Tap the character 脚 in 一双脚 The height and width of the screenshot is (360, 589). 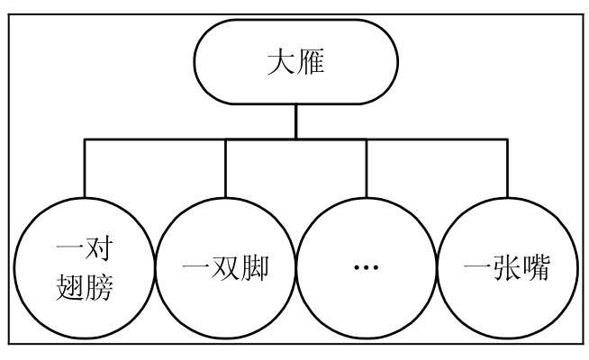(256, 267)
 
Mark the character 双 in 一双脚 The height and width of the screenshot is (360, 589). (225, 267)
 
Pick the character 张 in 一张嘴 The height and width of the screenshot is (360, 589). (506, 267)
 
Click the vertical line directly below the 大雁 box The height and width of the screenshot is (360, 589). (295, 121)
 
